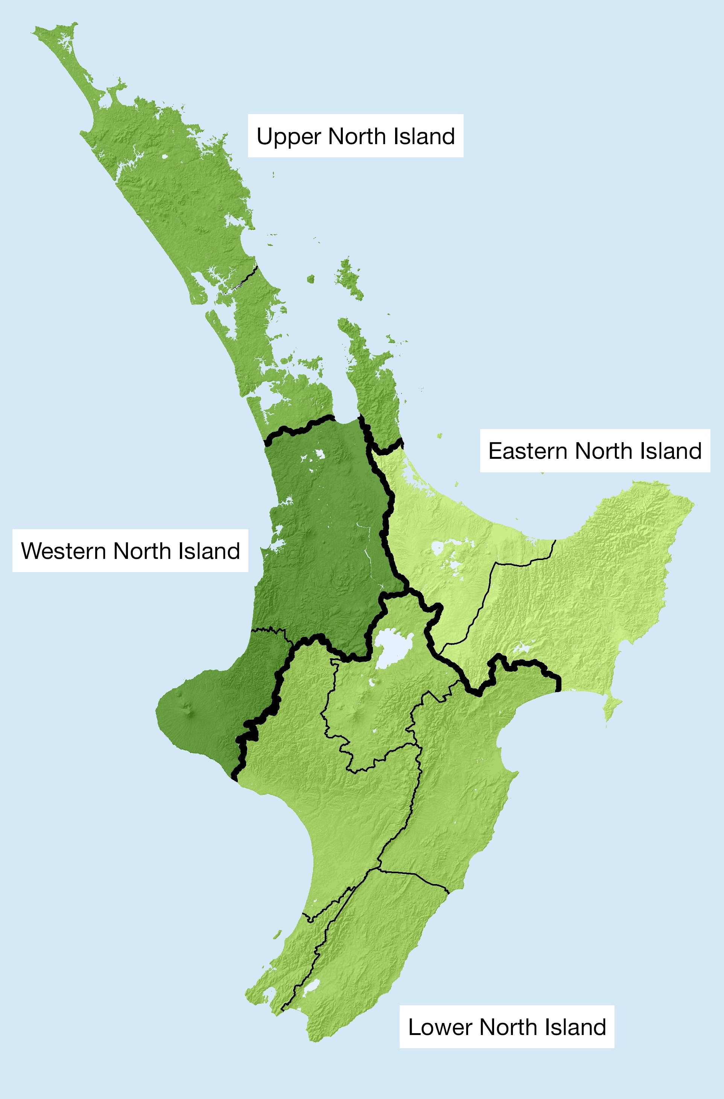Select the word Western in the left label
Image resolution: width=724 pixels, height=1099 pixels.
pyautogui.click(x=63, y=551)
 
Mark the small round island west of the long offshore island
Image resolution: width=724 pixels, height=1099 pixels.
pyautogui.click(x=311, y=279)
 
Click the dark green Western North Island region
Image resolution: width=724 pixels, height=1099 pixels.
pyautogui.click(x=323, y=531)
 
